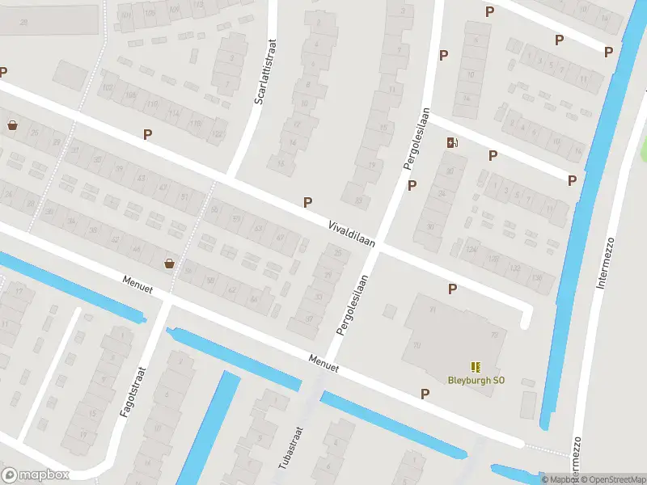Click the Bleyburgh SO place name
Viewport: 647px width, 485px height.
tap(476, 380)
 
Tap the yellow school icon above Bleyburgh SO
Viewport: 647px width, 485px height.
tap(475, 366)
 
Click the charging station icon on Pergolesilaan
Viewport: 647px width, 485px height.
tap(452, 143)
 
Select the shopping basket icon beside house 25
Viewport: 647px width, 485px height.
tap(12, 125)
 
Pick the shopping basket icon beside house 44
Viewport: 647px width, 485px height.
tap(169, 263)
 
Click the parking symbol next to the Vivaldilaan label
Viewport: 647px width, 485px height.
tap(307, 202)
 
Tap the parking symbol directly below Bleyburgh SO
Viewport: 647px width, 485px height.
tap(425, 394)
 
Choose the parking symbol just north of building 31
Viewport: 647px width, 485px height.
tap(452, 289)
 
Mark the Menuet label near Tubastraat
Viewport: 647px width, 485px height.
tap(323, 363)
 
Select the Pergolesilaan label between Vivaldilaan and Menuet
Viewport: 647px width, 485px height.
tap(353, 306)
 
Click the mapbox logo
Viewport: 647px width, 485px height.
tap(36, 474)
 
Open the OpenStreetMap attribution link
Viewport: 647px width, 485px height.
tap(611, 479)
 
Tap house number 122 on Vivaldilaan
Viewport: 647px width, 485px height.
tap(218, 134)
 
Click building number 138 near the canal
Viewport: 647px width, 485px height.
tap(535, 279)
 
